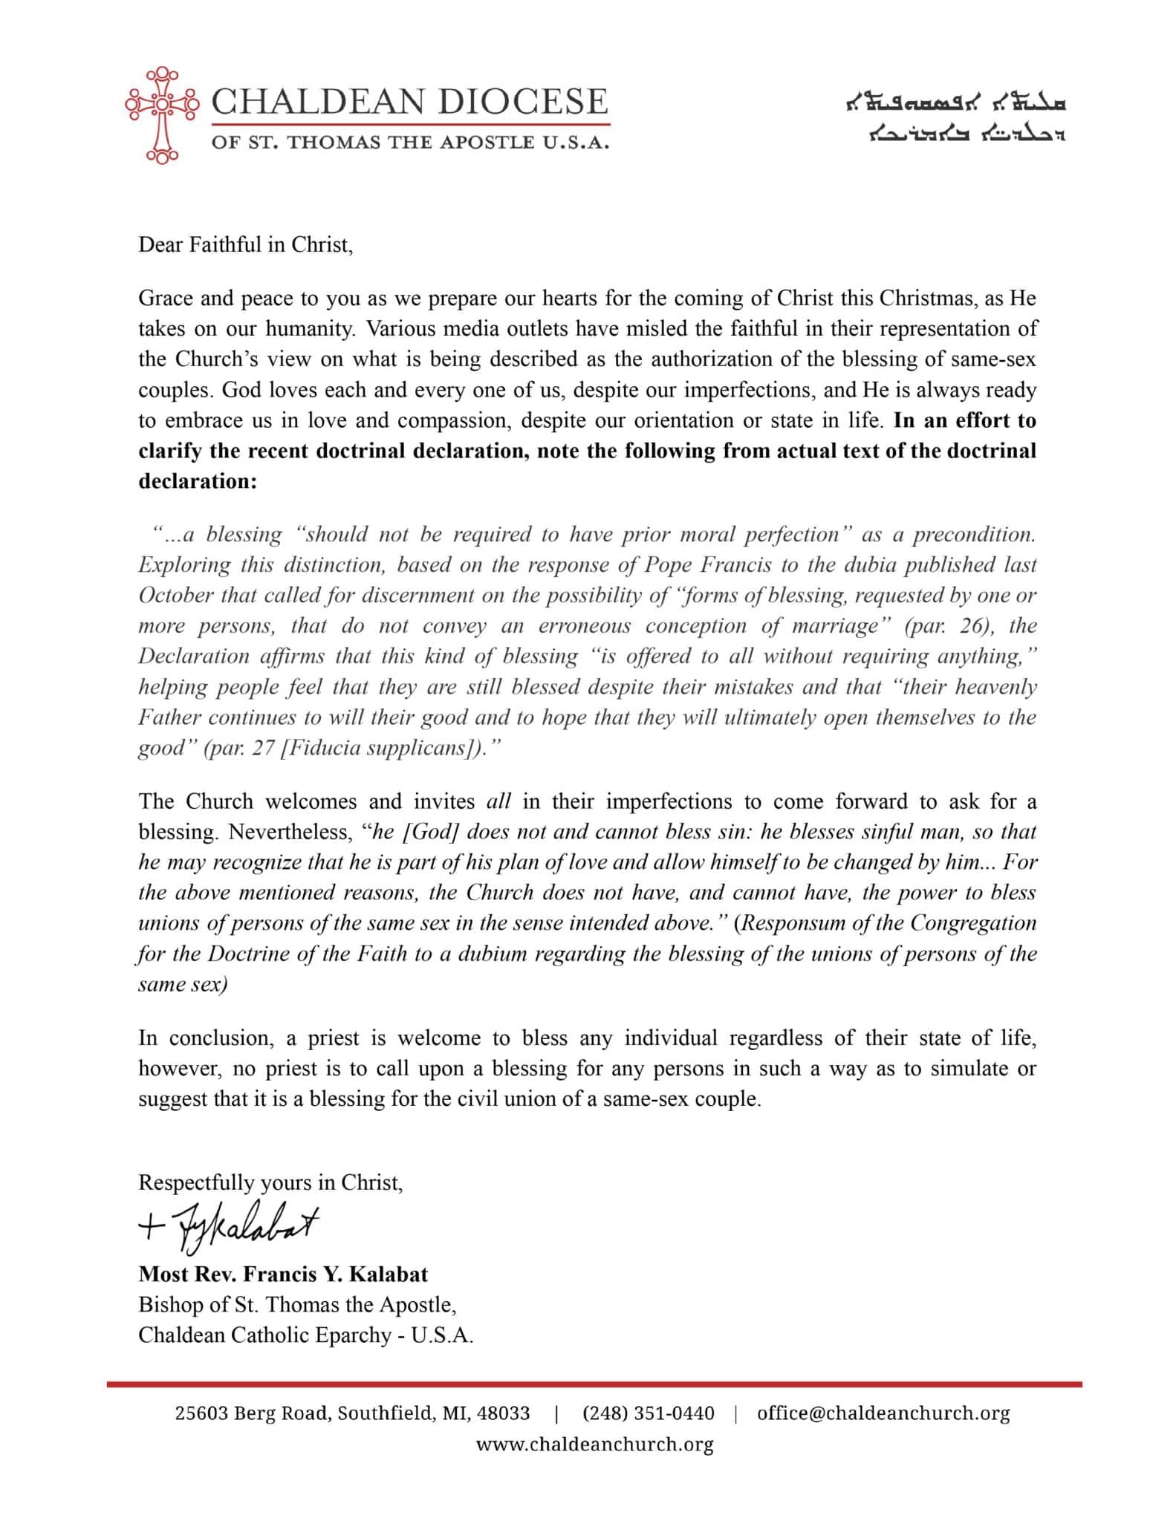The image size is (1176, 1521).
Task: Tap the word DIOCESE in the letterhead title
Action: click(x=523, y=101)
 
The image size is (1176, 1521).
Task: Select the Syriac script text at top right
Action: click(x=957, y=119)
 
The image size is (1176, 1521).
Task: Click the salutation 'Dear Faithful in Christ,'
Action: click(x=245, y=245)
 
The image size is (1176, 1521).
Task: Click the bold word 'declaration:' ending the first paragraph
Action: click(x=198, y=481)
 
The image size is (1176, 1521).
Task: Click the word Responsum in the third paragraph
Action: click(x=798, y=922)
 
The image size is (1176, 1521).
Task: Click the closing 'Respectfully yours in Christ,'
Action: click(x=270, y=1182)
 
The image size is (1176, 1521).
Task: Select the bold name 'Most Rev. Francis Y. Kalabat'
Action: click(x=283, y=1274)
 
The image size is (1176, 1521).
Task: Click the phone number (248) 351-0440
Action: click(x=648, y=1413)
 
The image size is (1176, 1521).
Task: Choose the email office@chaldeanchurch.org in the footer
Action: click(x=883, y=1413)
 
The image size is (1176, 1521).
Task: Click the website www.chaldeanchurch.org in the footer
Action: click(x=594, y=1444)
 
